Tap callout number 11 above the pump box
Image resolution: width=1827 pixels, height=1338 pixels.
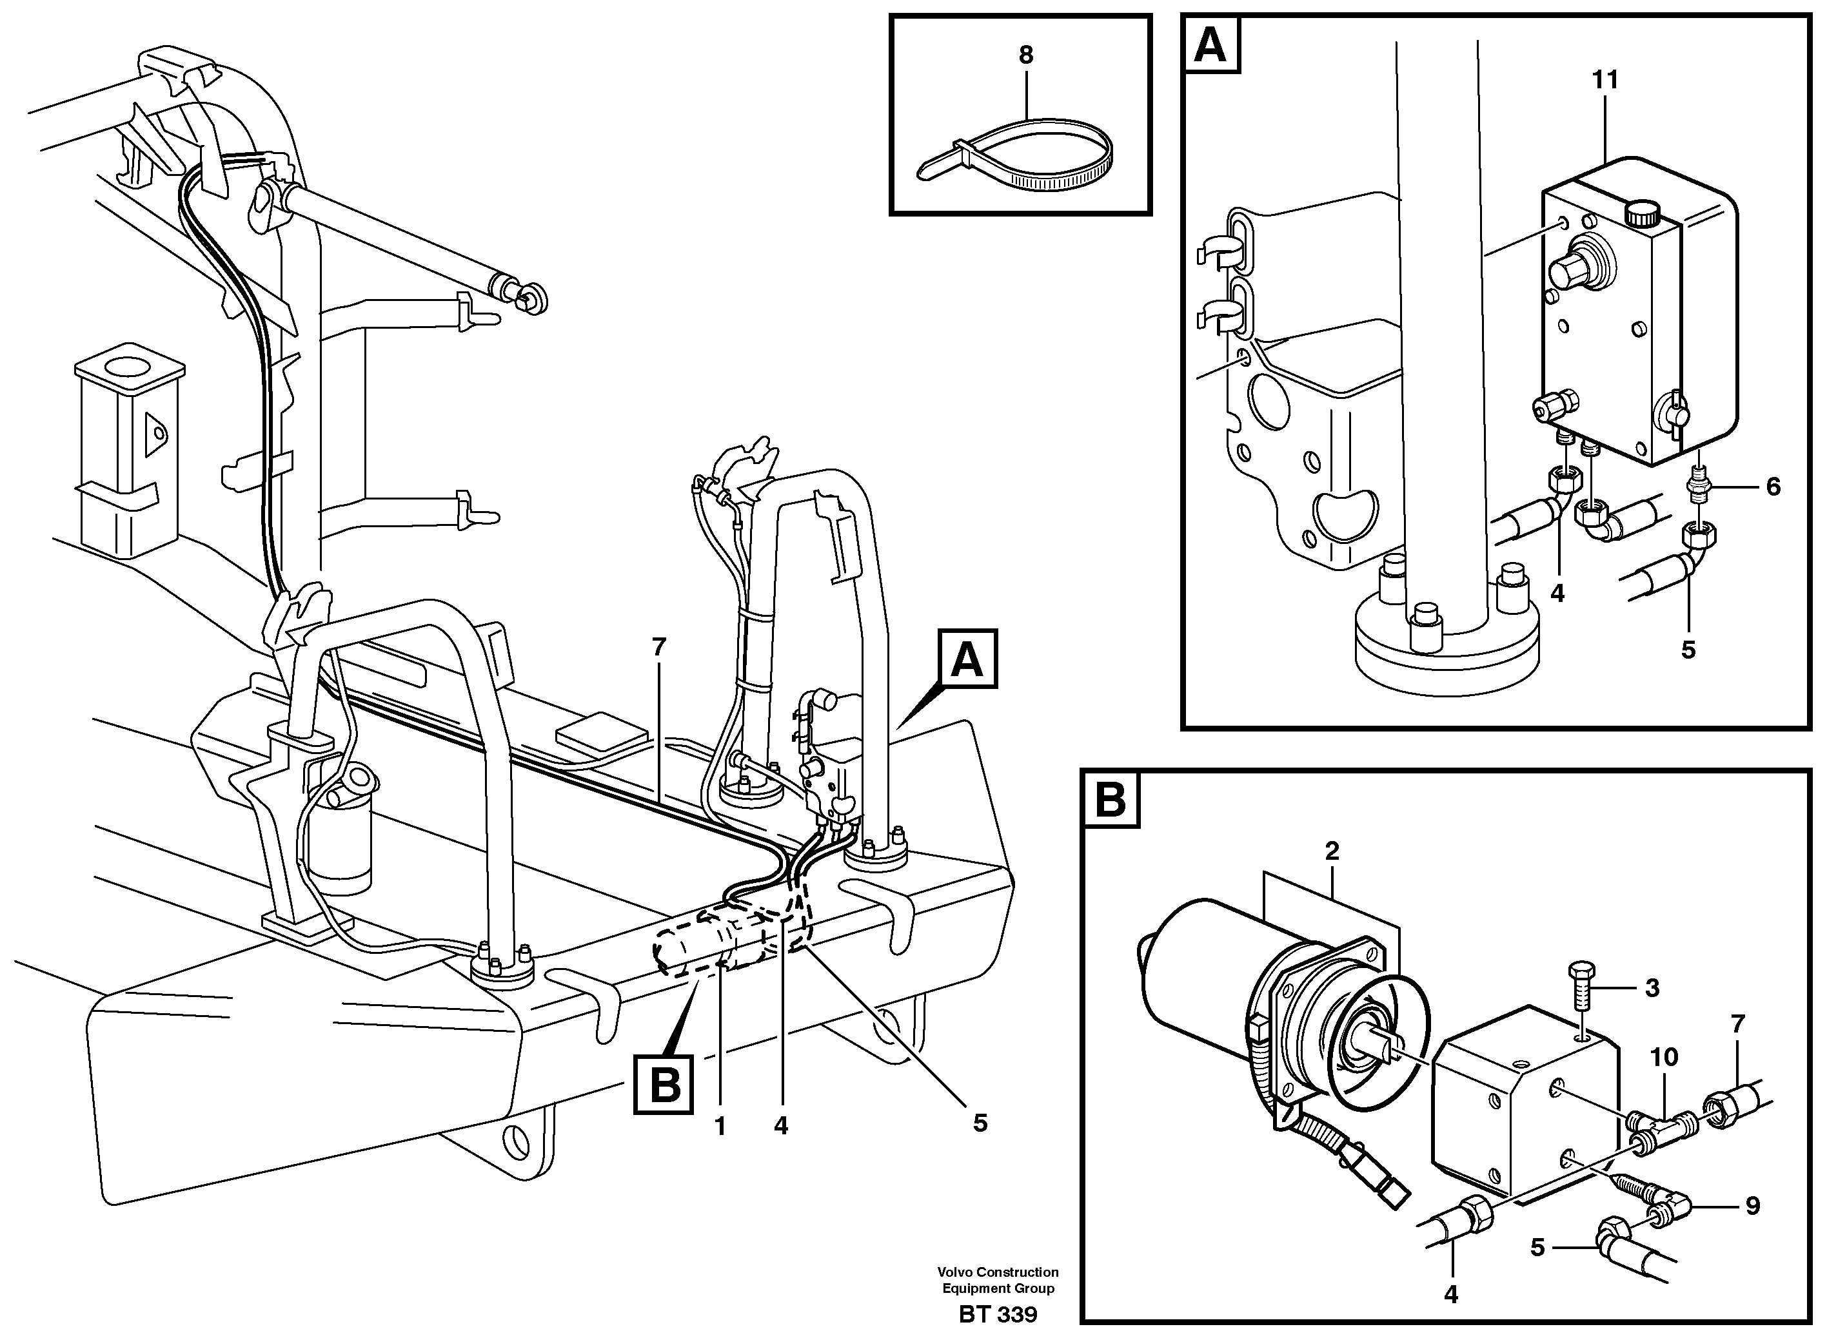point(1605,80)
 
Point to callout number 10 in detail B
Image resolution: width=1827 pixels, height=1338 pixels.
point(1664,1057)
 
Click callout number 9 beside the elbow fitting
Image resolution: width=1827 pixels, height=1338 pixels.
point(1752,1230)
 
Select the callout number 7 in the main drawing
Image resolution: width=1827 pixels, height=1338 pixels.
point(658,647)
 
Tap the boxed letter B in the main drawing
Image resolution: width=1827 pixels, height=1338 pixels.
point(664,1085)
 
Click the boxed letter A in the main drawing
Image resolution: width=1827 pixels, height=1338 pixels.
point(967,659)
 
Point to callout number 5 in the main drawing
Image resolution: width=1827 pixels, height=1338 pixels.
point(980,1123)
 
